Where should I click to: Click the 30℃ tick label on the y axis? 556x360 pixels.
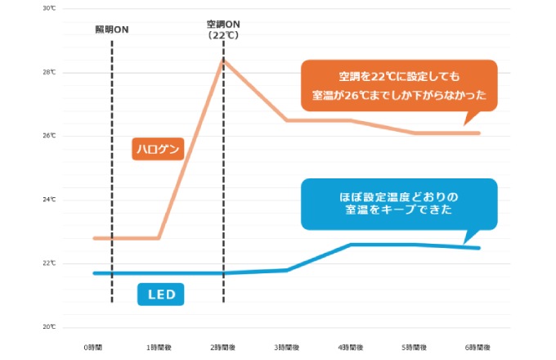click(50, 8)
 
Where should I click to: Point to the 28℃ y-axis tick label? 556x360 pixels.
click(50, 72)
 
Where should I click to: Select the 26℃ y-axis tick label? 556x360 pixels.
click(50, 136)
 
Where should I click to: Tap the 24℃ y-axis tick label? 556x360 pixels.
click(50, 200)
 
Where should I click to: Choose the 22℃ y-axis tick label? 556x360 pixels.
click(50, 263)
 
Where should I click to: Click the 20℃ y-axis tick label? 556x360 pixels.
click(50, 327)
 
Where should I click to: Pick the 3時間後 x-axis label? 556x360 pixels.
click(286, 347)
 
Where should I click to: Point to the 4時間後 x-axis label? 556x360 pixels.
click(351, 347)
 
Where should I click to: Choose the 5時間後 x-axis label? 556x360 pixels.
click(415, 347)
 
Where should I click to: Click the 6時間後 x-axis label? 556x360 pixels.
click(478, 347)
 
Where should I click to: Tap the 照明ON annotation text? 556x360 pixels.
click(112, 29)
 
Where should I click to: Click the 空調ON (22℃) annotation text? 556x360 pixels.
click(222, 31)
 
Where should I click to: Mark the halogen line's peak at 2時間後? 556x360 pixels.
click(223, 60)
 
